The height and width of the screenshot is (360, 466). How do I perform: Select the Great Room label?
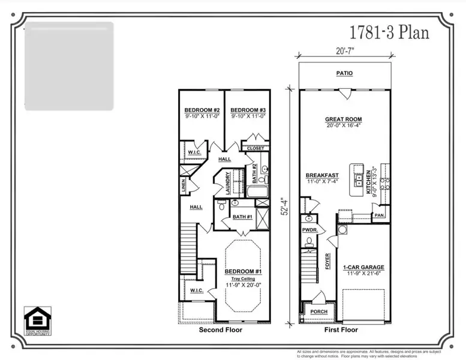click(x=344, y=119)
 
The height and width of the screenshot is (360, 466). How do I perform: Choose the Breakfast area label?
click(x=323, y=175)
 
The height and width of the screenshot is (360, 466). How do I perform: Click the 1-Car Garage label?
click(x=363, y=267)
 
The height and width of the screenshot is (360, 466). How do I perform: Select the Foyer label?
click(x=328, y=261)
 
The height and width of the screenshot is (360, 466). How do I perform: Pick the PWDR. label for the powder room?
click(x=309, y=229)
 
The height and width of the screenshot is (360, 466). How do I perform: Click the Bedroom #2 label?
click(x=202, y=110)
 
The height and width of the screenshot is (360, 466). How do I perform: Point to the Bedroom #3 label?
click(x=248, y=110)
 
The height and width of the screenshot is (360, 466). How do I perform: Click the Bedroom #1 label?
click(x=243, y=271)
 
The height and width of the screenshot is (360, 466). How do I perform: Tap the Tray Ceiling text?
click(x=243, y=279)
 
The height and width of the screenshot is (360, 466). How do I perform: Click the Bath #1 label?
click(x=242, y=217)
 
